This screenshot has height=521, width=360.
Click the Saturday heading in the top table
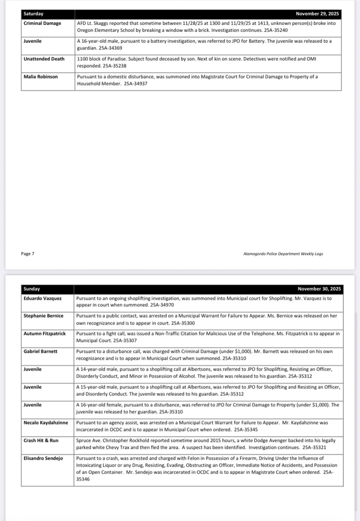point(34,14)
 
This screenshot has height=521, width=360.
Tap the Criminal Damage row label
point(42,23)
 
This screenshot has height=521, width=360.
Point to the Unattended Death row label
point(44,59)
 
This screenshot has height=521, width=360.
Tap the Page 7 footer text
point(27,254)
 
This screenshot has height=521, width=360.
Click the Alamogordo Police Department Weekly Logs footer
point(283,254)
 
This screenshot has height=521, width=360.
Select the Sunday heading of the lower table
point(32,289)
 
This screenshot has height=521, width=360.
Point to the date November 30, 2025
point(319,289)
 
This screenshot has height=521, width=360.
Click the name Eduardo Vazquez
point(43,299)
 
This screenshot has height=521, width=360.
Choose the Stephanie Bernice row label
point(43,316)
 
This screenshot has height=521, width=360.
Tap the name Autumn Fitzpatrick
point(45,334)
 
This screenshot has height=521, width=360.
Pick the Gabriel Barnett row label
point(40,351)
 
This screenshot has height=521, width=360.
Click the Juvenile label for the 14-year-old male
point(33,369)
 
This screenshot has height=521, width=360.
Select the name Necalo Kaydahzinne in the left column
point(46,422)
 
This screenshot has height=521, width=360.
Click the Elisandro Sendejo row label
point(43,458)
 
